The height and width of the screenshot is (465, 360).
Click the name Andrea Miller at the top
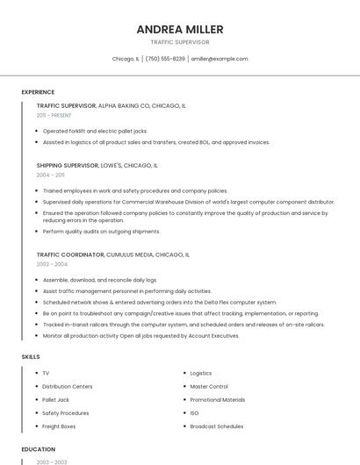pos(179,29)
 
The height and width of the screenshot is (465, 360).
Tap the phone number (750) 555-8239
pos(165,59)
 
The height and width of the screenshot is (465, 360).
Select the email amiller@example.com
pos(220,59)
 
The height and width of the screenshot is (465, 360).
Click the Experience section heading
pos(38,92)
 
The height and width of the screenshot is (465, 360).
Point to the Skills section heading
pos(30,357)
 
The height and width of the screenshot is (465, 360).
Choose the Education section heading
pos(38,449)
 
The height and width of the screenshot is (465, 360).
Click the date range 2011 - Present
pos(54,115)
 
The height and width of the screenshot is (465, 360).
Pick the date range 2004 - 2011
pos(50,175)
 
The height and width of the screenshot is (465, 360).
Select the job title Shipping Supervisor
pos(67,165)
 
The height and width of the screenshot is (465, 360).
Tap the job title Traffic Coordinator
pos(70,254)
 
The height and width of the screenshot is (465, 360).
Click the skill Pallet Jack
pos(55,399)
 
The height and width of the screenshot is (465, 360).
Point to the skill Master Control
pos(209,386)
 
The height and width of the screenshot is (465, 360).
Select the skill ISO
pos(194,413)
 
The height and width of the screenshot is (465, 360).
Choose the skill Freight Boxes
pos(59,426)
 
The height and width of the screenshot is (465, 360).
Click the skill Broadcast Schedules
pos(217,426)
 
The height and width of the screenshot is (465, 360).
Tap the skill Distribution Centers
pos(67,386)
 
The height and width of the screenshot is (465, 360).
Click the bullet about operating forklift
pos(95,131)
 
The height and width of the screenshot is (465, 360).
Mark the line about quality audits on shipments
pos(101,232)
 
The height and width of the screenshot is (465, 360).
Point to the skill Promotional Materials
pos(218,399)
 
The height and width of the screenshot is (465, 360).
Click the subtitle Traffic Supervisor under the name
pos(179,42)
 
